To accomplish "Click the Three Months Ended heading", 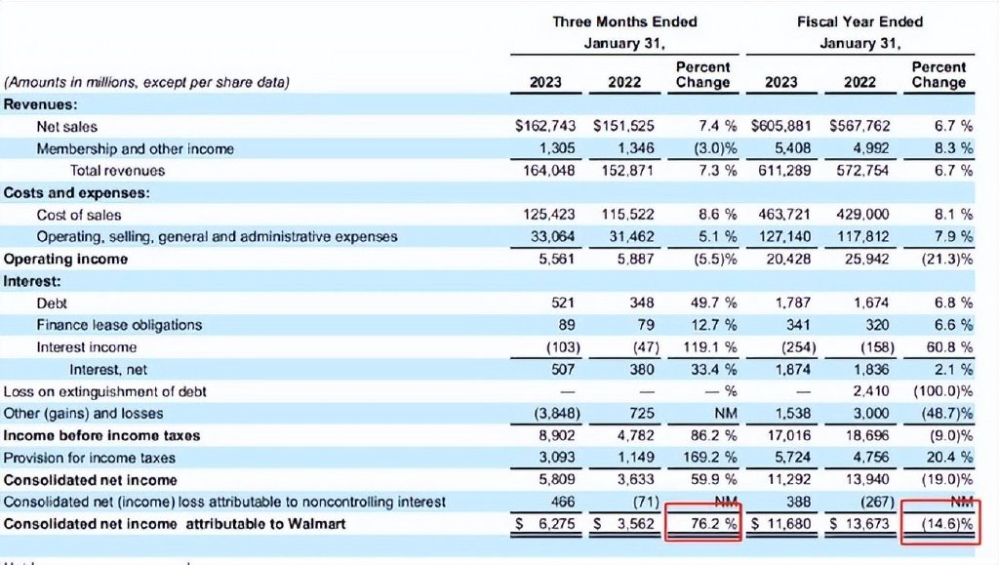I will point(624,21).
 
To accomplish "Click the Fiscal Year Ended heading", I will point(859,21).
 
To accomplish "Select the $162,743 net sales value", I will point(546,127).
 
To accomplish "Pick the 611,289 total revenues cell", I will point(781,171).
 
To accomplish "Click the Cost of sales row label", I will point(79,215).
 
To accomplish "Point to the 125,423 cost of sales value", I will point(549,215).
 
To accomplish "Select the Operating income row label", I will point(65,259).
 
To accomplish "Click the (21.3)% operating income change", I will point(940,259).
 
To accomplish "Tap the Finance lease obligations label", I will point(119,325).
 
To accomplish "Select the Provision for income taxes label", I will point(90,458).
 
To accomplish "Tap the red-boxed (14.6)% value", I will point(940,524).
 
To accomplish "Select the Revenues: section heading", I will point(41,104).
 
